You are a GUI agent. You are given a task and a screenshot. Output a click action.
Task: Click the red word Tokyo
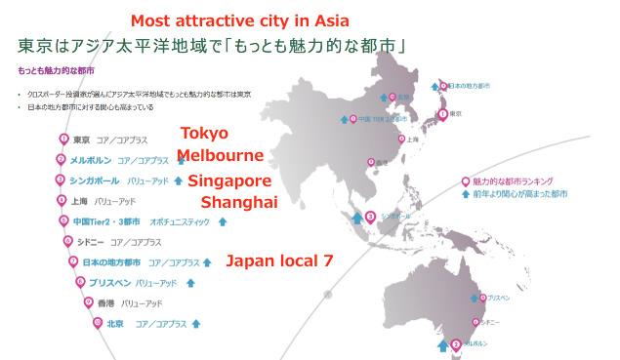coord(205,134)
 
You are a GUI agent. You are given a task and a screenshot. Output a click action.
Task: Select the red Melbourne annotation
coord(220,156)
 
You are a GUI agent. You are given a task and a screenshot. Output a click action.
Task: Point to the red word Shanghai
coord(239,202)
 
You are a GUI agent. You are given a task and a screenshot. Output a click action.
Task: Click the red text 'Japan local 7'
coord(279,261)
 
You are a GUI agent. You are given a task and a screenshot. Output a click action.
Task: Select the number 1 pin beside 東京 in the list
coord(62,140)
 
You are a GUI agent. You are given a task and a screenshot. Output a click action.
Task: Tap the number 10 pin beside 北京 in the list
coord(97,323)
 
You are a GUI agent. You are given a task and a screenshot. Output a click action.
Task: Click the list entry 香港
coord(94,303)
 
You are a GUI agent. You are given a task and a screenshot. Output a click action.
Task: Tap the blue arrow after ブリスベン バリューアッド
coord(190,283)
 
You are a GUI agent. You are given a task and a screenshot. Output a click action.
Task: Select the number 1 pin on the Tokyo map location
coord(443,114)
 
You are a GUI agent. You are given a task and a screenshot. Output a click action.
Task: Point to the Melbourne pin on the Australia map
coord(456,343)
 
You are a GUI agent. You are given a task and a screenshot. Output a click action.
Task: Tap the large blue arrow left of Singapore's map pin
coord(356,219)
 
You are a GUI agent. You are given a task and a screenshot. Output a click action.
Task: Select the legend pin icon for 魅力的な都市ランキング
coord(465,181)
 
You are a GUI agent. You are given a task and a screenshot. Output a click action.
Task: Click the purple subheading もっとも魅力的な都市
coord(51,71)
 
